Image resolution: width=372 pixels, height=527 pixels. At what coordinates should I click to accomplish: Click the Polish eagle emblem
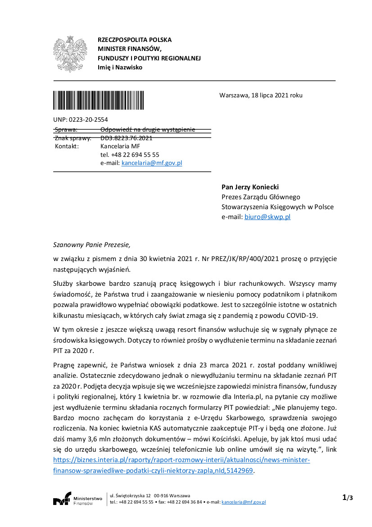pyautogui.click(x=70, y=54)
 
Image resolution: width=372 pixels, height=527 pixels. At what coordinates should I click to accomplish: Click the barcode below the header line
pyautogui.click(x=99, y=101)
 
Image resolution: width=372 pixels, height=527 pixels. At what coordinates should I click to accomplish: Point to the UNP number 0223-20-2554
pyautogui.click(x=88, y=119)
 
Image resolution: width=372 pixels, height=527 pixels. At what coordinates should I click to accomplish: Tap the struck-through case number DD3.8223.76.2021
pyautogui.click(x=127, y=138)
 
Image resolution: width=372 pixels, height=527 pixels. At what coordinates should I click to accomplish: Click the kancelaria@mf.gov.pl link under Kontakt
pyautogui.click(x=152, y=163)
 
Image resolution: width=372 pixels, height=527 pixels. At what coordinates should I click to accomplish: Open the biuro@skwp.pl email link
pyautogui.click(x=268, y=217)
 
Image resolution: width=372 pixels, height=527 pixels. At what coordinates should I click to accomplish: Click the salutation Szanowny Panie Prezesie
pyautogui.click(x=91, y=245)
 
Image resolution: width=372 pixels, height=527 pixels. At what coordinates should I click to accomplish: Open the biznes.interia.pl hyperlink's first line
pyautogui.click(x=181, y=460)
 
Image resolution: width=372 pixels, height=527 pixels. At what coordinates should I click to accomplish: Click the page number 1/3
pyautogui.click(x=347, y=498)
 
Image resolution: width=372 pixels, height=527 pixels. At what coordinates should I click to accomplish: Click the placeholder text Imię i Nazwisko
pyautogui.click(x=120, y=68)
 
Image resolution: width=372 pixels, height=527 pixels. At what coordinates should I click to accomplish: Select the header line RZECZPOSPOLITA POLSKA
pyautogui.click(x=135, y=40)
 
